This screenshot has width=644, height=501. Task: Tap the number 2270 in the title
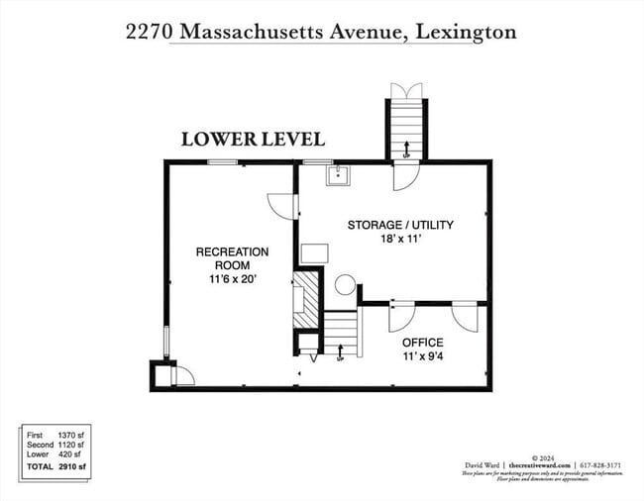[148, 32]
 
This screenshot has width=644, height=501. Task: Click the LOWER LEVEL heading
[253, 139]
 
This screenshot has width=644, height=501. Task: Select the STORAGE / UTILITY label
[400, 225]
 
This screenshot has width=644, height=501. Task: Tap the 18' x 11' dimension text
[400, 239]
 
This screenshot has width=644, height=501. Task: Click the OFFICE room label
[422, 343]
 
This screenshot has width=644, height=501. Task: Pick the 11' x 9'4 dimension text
[422, 356]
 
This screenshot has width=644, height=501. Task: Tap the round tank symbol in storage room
[344, 285]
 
